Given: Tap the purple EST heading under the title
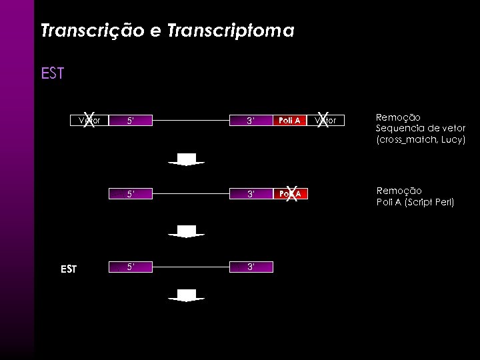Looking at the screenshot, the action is pos(52,73).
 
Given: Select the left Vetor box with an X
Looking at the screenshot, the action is pos(89,121).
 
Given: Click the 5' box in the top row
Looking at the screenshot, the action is pos(131,121).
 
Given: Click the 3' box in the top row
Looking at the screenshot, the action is pos(250,121).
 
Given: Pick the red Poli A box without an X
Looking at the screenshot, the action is pos(289,121).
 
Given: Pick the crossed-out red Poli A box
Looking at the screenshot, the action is pos(289,194).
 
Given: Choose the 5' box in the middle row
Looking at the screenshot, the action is pos(131,194).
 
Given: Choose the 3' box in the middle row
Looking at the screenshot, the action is pos(250,194).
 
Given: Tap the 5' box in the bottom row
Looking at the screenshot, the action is pos(131,267).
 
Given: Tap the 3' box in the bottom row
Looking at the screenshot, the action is pos(250,267).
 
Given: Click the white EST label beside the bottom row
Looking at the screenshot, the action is pos(69,269).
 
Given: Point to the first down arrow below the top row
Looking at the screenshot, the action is pos(186,159).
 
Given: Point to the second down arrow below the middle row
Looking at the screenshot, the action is pos(186,231).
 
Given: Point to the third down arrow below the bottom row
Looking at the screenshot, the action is pos(186,295).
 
